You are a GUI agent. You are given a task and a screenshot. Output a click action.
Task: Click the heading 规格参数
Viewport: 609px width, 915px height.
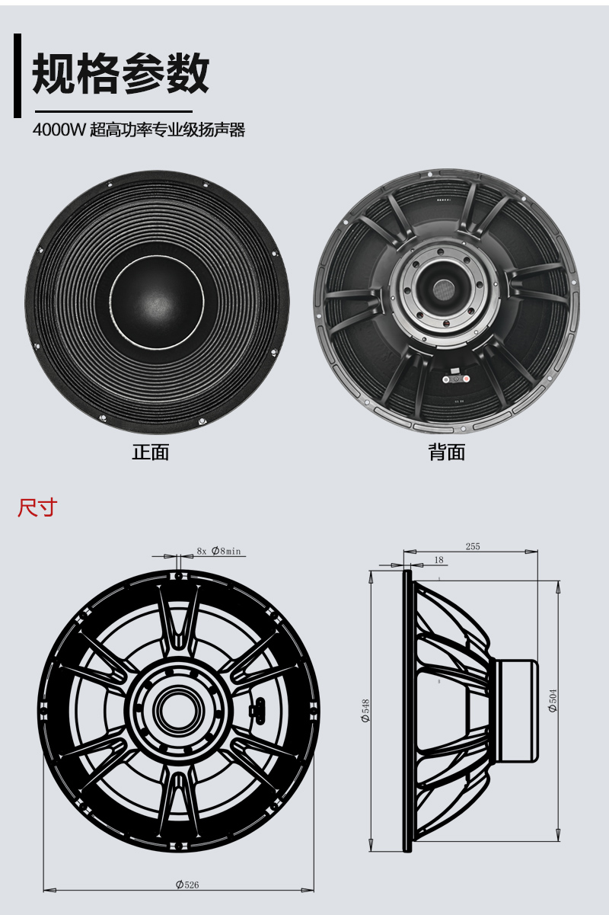pos(120,75)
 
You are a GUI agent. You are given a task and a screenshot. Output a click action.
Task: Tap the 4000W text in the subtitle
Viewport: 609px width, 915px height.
pos(59,130)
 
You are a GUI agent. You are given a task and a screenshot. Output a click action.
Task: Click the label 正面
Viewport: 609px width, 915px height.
pos(150,452)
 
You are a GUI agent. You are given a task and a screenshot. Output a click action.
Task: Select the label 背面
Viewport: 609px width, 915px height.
pos(446,453)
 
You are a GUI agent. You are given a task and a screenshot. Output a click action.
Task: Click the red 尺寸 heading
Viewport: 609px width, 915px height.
pos(37,507)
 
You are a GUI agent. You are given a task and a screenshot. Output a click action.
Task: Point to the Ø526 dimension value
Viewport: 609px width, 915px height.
pos(187,885)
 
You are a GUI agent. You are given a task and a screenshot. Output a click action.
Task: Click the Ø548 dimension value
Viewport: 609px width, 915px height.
pos(366,709)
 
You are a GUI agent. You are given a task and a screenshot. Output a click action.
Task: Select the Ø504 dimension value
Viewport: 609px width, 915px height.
pos(553,699)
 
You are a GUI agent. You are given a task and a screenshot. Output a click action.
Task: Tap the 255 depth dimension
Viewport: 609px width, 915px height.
pos(473,546)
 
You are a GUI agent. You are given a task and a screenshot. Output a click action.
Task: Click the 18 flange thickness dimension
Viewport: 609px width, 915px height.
pos(438,560)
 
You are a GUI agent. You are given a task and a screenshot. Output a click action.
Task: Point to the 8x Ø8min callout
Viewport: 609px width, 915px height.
pos(218,551)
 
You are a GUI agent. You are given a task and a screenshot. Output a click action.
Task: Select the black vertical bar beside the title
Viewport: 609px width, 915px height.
pos(17,75)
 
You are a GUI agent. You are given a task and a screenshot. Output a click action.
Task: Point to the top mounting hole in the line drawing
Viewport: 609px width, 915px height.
pos(178,577)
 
